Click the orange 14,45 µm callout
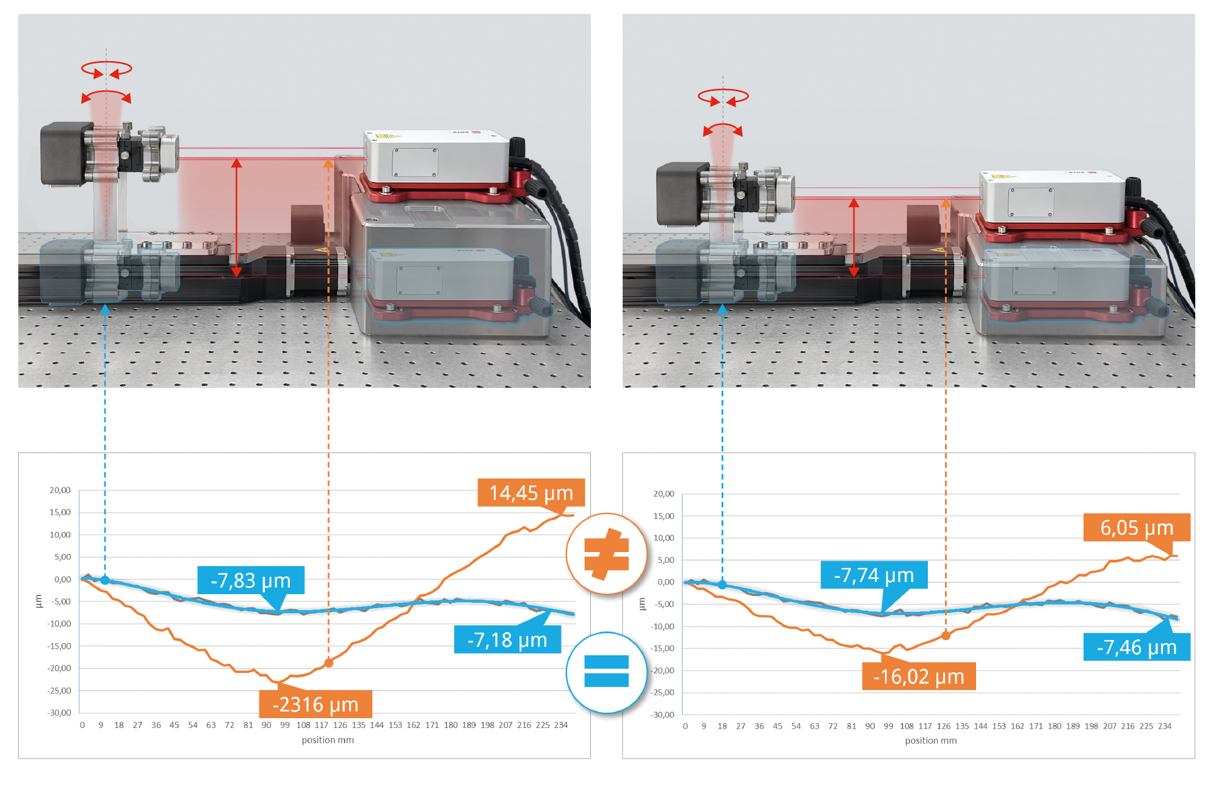coord(530,493)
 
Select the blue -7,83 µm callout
coord(250,580)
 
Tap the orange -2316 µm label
coord(315,705)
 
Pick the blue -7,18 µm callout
coord(507,640)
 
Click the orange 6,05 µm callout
coord(1136,528)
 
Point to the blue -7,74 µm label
coord(874,575)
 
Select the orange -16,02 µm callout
coord(918,677)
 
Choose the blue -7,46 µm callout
coord(1136,647)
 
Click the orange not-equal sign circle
coord(606,554)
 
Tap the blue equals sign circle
coord(606,672)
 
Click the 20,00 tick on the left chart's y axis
coord(60,490)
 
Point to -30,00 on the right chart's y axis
coord(663,714)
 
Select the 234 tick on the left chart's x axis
coord(561,725)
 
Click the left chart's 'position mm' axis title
coord(328,740)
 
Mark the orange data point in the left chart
coord(328,663)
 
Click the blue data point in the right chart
coord(722,584)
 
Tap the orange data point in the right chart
coord(946,636)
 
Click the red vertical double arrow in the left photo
coord(236,217)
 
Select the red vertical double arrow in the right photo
coord(854,237)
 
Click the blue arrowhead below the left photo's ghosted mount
coord(105,310)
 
